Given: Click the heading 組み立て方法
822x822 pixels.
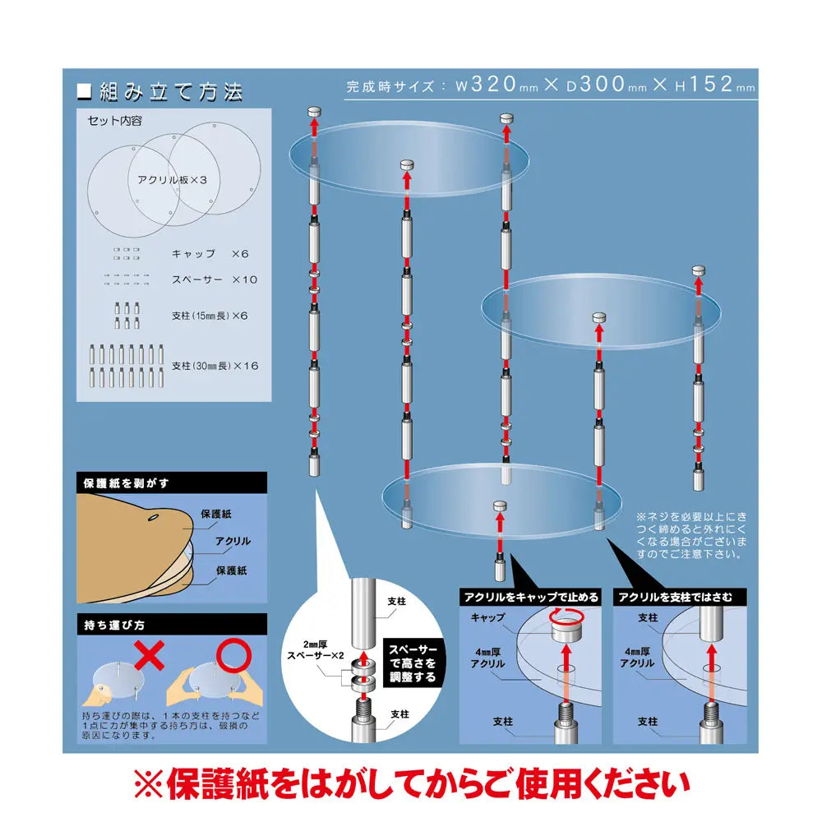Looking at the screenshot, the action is click(x=171, y=92).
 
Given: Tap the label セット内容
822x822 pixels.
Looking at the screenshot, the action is click(x=115, y=121).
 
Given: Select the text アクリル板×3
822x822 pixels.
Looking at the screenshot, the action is click(x=172, y=180).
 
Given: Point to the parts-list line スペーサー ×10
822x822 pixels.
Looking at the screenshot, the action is click(x=215, y=279).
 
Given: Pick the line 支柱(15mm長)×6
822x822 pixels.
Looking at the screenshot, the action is click(x=210, y=316).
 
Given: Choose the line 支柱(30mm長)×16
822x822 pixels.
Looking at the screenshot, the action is click(x=215, y=366).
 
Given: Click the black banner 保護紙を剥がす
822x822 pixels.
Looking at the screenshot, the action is click(x=172, y=483).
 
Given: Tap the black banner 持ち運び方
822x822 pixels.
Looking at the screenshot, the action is click(x=172, y=625).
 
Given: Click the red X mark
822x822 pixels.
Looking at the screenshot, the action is click(x=150, y=655).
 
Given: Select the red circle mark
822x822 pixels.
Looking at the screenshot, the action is click(x=233, y=655).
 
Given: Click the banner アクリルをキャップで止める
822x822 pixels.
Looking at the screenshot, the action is click(x=530, y=597).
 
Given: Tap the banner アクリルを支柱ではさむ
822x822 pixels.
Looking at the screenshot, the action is click(x=680, y=597).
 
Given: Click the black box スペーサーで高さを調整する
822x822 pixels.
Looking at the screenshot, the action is click(x=413, y=663).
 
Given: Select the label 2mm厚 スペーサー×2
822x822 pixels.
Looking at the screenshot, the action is click(x=315, y=650).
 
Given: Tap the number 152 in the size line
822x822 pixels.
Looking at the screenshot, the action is click(x=711, y=84).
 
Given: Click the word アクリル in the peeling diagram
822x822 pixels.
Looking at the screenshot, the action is click(x=233, y=541).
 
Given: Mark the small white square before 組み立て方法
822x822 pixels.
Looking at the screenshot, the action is click(x=85, y=92).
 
